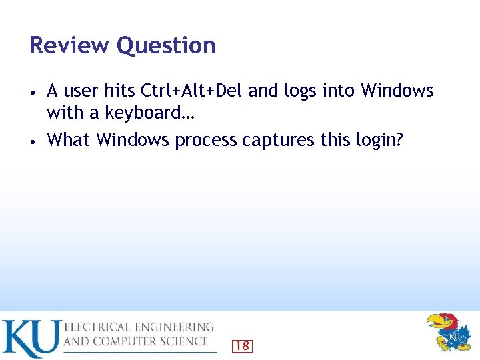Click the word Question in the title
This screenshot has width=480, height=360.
166,46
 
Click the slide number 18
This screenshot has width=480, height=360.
242,345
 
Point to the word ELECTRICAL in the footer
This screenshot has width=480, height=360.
99,327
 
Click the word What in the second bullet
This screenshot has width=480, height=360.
69,140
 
